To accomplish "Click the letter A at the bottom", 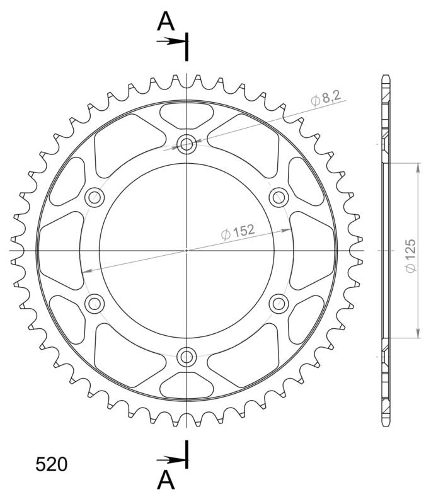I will [165, 480].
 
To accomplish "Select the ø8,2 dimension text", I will [326, 98].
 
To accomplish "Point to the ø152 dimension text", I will [238, 232].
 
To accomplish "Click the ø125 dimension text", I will [410, 256].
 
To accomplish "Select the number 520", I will [51, 465].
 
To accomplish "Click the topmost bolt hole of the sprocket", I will [187, 145].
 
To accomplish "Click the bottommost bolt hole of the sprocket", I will [187, 357].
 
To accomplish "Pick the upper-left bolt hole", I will [95, 198].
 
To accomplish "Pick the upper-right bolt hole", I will [278, 198].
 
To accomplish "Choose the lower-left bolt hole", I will [95, 304].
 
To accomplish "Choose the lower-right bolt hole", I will [278, 304].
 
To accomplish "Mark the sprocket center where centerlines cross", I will [187, 251].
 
